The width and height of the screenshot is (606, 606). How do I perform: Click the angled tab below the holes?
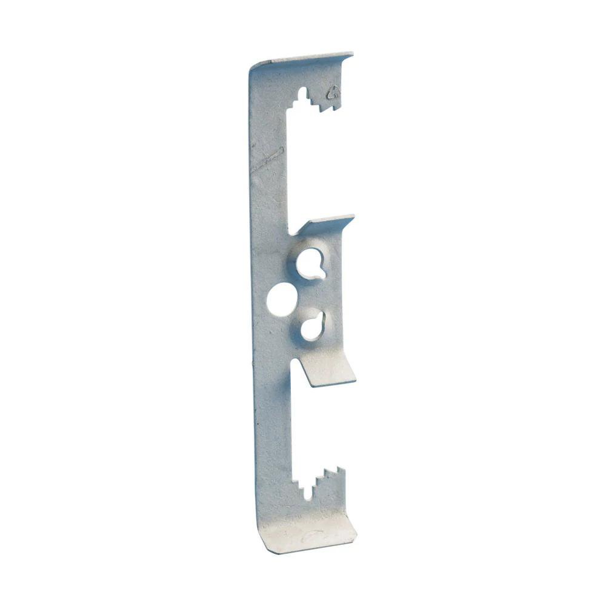tap(327, 370)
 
